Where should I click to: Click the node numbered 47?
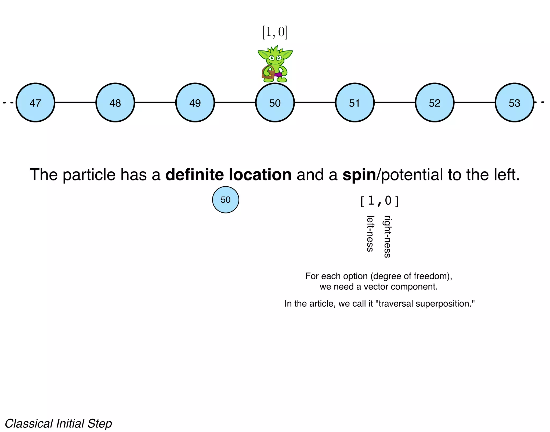(x=35, y=103)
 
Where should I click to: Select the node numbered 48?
(x=115, y=103)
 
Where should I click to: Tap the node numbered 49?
(x=195, y=103)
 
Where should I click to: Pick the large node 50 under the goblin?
(x=275, y=103)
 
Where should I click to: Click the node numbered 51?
(x=354, y=103)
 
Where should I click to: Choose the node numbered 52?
(x=435, y=103)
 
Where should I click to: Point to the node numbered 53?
(x=514, y=103)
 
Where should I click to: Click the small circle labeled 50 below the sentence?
(x=226, y=200)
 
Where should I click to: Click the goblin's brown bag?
(x=268, y=73)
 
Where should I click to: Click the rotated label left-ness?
(x=370, y=234)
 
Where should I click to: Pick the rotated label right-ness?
(x=387, y=237)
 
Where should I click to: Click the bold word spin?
(x=359, y=175)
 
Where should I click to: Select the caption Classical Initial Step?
(x=58, y=423)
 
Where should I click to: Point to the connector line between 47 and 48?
(x=75, y=102)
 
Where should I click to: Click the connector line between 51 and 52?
(x=395, y=102)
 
